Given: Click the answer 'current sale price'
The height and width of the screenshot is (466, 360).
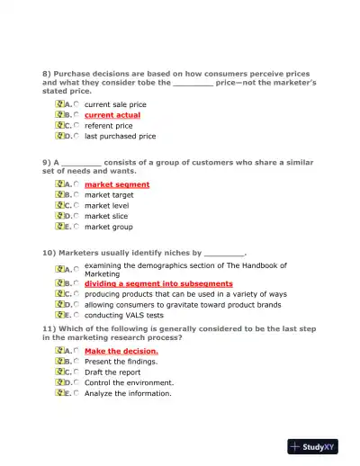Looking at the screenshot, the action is [115, 104].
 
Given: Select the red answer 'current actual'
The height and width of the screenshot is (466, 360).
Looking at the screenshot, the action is [112, 115].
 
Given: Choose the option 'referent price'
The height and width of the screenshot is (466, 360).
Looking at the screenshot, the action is [108, 126].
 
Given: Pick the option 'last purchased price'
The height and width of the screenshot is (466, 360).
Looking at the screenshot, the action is [120, 137].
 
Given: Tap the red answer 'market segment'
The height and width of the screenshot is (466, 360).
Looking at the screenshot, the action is [117, 184].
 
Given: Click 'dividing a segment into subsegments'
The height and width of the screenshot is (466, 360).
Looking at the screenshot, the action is [158, 283].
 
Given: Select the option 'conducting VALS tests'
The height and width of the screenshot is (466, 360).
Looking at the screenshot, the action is [124, 316].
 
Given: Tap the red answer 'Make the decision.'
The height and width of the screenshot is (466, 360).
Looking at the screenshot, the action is [121, 351].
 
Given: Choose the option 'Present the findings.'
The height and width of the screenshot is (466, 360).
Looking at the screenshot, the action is [121, 362].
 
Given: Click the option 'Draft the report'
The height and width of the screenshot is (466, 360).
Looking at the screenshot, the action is [112, 372].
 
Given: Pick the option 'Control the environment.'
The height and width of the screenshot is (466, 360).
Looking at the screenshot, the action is [129, 382].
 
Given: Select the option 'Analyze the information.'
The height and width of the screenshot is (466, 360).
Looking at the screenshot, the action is [128, 393].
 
